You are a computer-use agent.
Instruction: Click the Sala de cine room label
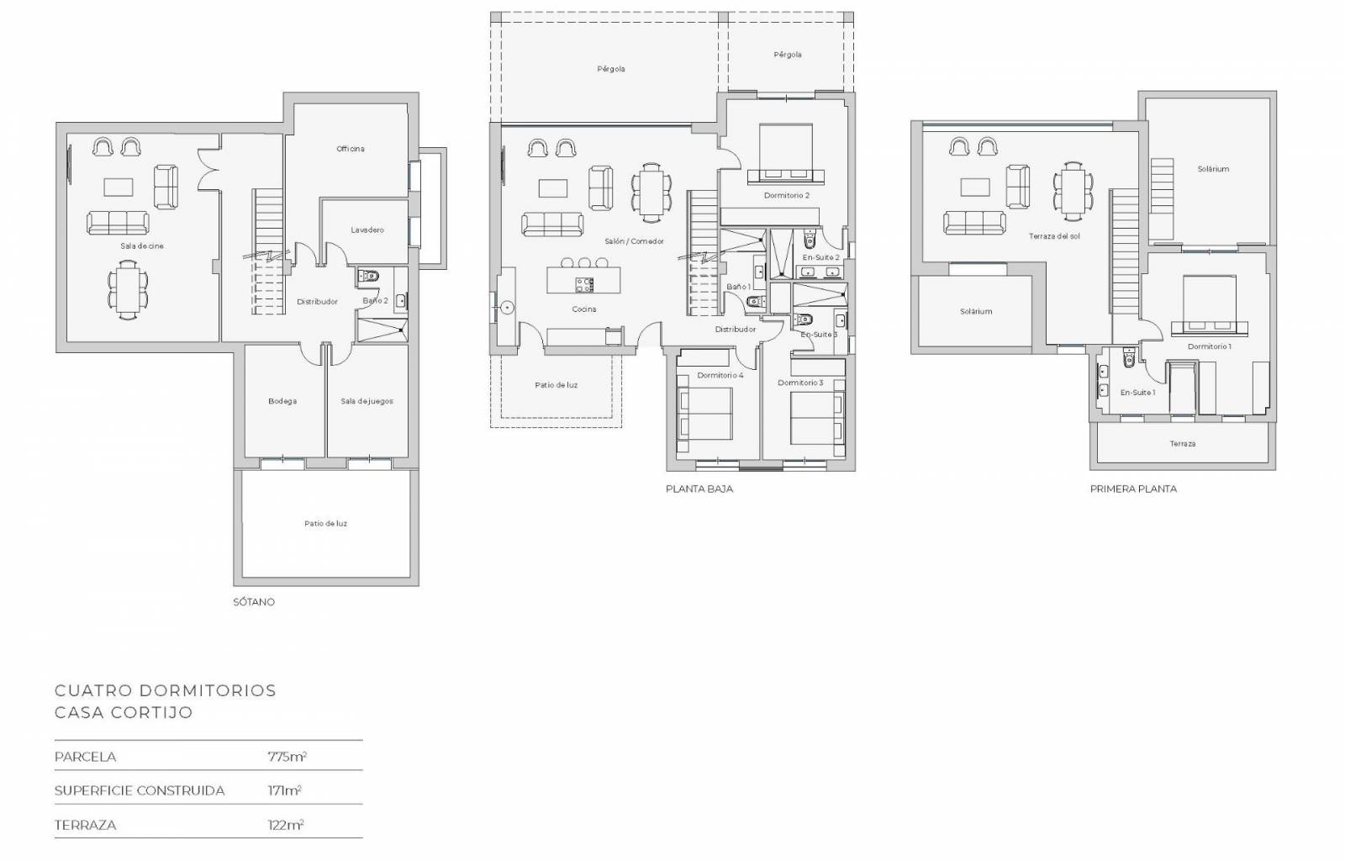pos(142,246)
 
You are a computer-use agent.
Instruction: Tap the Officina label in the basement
pos(350,149)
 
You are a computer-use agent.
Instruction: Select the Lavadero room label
pos(367,230)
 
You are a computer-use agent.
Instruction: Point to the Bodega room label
pos(282,401)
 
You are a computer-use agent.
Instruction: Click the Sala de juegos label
pos(367,401)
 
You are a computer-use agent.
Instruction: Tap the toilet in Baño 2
pos(368,277)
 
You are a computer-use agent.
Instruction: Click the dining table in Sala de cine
pos(128,289)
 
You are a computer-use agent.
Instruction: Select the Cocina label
pos(583,309)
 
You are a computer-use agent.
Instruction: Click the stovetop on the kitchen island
pos(584,284)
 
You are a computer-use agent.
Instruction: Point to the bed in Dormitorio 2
pos(786,154)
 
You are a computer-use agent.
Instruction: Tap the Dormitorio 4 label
pos(720,375)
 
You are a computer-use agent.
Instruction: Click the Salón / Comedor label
pos(634,241)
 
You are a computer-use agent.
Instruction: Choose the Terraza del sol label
pos(1054,236)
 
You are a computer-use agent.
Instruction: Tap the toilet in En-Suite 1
pos(1129,357)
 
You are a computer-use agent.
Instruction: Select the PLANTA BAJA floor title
pos(699,489)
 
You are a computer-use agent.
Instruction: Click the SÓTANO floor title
pos(254,602)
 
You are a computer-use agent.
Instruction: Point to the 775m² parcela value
pos(287,757)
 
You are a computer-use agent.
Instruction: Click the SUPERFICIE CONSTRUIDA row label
pos(140,790)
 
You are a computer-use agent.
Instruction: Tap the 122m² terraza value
pos(286,825)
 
